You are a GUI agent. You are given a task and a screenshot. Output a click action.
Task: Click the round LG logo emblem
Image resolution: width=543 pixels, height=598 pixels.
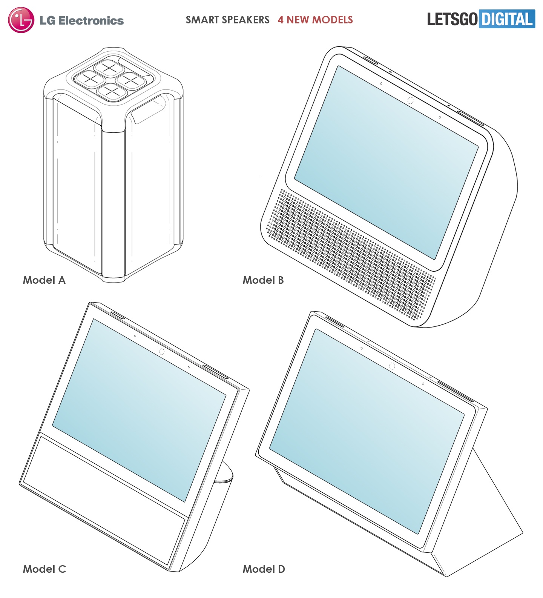[21, 20]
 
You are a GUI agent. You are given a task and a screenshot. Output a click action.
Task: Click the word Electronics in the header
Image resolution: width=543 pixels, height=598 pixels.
[91, 20]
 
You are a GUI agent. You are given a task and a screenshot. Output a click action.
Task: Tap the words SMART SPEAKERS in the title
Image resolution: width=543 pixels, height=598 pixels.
[227, 20]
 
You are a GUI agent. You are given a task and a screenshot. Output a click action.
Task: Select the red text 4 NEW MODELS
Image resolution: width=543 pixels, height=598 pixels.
[315, 20]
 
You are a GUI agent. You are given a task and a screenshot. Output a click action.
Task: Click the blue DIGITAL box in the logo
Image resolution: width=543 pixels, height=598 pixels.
[507, 19]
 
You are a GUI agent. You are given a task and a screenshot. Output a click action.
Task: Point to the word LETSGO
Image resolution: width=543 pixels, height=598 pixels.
[452, 19]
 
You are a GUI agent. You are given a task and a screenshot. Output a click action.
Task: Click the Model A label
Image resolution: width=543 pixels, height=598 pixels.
[44, 280]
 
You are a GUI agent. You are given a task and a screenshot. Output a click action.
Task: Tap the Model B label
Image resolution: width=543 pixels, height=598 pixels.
[263, 280]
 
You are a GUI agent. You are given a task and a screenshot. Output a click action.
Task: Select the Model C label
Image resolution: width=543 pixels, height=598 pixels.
[44, 569]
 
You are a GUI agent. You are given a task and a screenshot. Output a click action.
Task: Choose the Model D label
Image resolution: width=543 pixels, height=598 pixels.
[264, 569]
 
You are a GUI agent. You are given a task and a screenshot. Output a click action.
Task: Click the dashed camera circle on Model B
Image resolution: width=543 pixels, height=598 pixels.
[410, 100]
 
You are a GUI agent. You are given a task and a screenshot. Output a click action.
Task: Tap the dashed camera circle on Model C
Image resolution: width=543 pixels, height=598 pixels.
[162, 352]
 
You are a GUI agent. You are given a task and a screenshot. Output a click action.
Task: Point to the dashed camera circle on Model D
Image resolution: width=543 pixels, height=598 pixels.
[392, 366]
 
